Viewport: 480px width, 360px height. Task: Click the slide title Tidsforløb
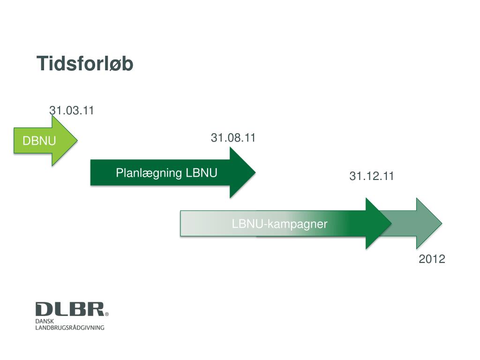(85, 64)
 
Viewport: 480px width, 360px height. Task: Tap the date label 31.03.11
(72, 111)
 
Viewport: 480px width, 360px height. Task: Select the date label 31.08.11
(233, 138)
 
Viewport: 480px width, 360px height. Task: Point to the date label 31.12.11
(372, 176)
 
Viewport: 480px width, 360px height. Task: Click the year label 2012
(432, 259)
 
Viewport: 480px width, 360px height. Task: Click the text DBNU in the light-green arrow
(40, 141)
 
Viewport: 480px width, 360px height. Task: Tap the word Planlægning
(149, 173)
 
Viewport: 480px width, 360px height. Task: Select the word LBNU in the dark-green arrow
(202, 173)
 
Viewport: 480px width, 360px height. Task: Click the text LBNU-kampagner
(279, 224)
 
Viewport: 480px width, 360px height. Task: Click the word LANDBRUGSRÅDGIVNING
(70, 327)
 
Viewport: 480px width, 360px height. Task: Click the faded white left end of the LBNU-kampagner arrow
(192, 224)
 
